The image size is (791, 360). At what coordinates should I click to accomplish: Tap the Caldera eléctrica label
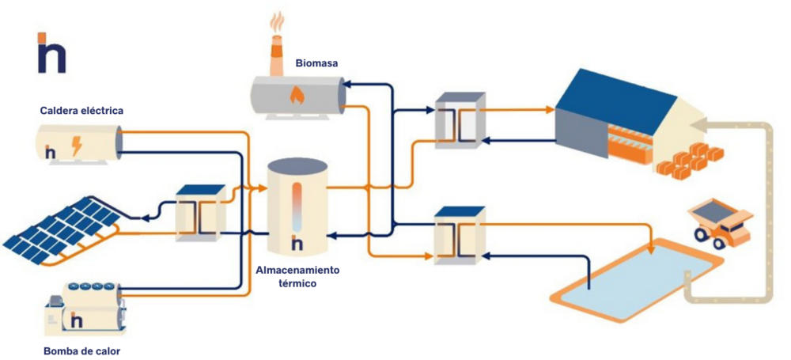pos(81,110)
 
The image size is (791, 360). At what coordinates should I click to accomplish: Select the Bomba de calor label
pos(82,350)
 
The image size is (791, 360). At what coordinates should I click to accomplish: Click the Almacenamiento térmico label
pos(297,276)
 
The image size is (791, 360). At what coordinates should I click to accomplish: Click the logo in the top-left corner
pos(51,54)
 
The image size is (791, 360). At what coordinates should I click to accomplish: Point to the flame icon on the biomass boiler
pos(297,95)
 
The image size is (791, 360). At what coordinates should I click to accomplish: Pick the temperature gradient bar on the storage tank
pos(297,207)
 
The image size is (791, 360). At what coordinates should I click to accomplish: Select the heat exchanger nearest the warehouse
pos(461,120)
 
